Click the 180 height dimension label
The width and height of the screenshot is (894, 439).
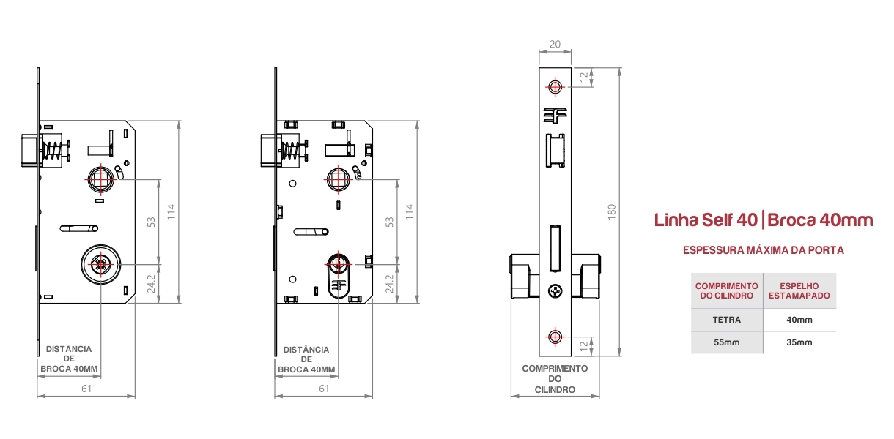[611, 211]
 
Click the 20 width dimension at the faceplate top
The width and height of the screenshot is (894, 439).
[555, 44]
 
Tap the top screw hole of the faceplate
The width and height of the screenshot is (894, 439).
[555, 87]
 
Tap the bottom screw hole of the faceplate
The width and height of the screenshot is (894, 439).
[555, 337]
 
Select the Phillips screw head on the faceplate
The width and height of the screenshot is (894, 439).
[555, 290]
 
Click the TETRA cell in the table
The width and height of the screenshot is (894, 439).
[726, 320]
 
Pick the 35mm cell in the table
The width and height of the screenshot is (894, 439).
[799, 342]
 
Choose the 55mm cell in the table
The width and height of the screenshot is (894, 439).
[726, 342]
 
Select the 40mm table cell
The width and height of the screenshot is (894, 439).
[799, 320]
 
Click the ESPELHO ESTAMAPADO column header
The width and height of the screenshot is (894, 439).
[799, 290]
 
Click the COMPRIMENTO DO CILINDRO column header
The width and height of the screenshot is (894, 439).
[726, 290]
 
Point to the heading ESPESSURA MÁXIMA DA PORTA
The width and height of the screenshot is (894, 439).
[763, 250]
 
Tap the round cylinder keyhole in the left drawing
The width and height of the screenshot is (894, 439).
[100, 265]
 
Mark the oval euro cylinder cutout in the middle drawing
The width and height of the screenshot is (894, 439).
[339, 276]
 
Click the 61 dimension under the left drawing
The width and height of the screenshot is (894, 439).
[86, 389]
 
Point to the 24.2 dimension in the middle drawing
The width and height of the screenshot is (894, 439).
[389, 283]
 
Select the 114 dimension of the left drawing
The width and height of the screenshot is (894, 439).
[171, 211]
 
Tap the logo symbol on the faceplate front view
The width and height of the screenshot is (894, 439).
[555, 116]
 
